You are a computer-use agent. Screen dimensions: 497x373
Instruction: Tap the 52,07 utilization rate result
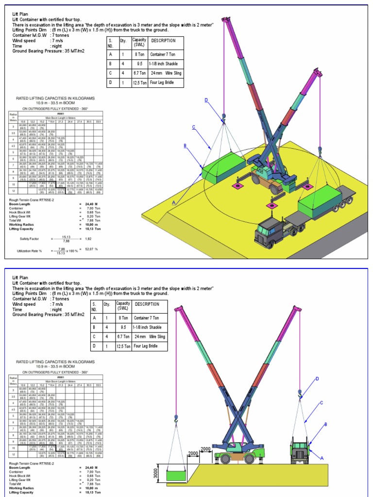point(88,248)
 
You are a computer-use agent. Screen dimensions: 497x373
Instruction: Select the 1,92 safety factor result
point(88,239)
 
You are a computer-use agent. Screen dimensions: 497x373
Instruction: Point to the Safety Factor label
point(30,239)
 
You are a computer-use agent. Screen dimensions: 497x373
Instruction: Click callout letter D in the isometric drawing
point(206,100)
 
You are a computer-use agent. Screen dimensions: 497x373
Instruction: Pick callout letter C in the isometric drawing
point(193,127)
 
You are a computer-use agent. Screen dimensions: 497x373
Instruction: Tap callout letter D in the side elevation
point(317,379)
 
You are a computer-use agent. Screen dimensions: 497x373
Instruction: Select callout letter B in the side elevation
point(325,424)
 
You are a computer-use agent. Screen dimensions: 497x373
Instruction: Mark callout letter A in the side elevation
point(322,457)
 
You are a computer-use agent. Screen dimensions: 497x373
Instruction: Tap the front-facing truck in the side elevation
point(300,449)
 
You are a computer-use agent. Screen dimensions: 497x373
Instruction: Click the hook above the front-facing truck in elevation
point(300,392)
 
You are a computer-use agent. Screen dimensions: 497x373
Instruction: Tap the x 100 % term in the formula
point(72,251)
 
